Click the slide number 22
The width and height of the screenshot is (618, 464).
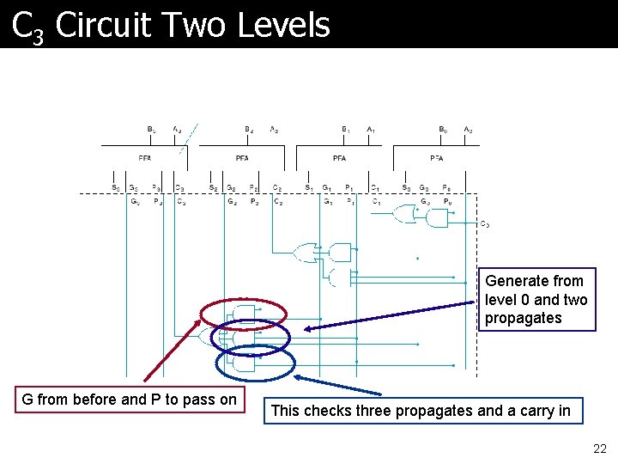point(599,449)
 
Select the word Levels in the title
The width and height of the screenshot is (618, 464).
point(284,24)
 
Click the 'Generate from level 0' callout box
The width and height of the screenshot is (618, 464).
point(536,300)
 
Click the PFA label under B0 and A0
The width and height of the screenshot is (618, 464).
point(437,158)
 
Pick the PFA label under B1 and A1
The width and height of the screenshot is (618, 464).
point(340,158)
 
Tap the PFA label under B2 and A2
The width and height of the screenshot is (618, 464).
point(242,158)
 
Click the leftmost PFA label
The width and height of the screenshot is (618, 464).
point(145,158)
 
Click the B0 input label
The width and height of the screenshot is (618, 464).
point(443,130)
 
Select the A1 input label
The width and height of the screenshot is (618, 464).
point(371,130)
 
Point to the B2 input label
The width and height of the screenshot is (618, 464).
point(249,130)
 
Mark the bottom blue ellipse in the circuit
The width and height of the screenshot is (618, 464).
point(255,362)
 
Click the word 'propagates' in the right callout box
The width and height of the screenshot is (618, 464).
point(524,318)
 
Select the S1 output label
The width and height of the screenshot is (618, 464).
point(309,188)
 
